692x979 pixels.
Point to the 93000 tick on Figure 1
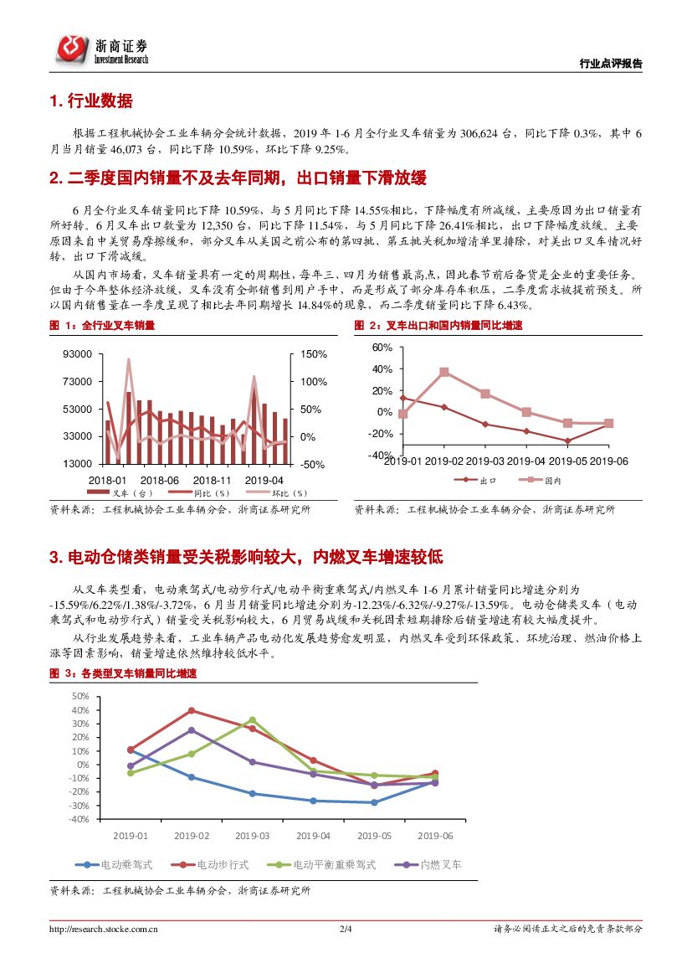pos(77,354)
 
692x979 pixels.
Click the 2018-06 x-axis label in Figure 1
pos(160,480)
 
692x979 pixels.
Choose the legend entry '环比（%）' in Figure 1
pos(267,493)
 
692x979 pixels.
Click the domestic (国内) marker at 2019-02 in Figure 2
pos(444,372)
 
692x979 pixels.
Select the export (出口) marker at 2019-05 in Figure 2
pos(567,441)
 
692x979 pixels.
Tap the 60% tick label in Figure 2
pos(382,347)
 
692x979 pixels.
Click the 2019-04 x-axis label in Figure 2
pos(526,461)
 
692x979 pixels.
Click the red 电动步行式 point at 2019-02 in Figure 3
pos(192,711)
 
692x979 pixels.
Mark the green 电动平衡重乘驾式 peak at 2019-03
pos(252,720)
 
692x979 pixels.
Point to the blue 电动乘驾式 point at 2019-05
pos(374,802)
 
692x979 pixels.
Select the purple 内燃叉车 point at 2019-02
pos(192,730)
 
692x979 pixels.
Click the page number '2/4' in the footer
pos(346,929)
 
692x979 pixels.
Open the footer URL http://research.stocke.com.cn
pos(104,929)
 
